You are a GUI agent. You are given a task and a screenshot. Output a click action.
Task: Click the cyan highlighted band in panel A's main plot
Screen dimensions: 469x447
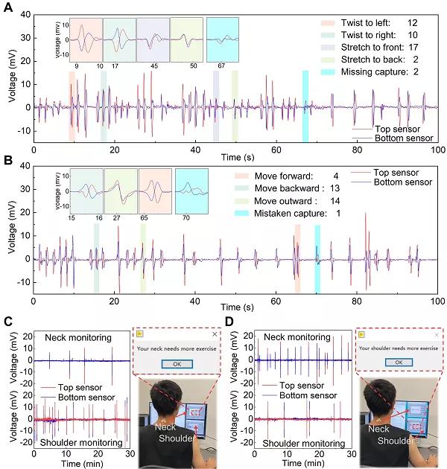click(x=305, y=106)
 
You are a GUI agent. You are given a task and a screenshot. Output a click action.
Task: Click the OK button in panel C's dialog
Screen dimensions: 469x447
click(x=177, y=365)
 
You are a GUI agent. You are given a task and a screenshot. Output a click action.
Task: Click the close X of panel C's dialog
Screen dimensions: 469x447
click(x=213, y=335)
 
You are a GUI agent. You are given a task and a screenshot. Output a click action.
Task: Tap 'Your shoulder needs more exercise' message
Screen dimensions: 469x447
click(x=398, y=348)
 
